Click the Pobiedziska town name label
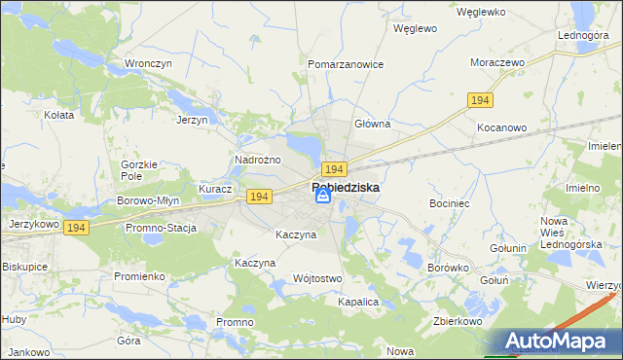pyautogui.click(x=346, y=186)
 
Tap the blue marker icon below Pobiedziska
pyautogui.click(x=322, y=198)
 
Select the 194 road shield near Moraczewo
pyautogui.click(x=479, y=101)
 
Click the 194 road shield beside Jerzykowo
pyautogui.click(x=78, y=227)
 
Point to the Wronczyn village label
pyautogui.click(x=148, y=64)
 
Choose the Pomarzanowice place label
pyautogui.click(x=346, y=64)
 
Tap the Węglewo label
pyautogui.click(x=414, y=29)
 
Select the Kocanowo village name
pyautogui.click(x=501, y=127)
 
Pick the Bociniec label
pyautogui.click(x=450, y=204)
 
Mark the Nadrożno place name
pyautogui.click(x=258, y=160)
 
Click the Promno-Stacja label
pyautogui.click(x=161, y=228)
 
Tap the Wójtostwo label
pyautogui.click(x=317, y=279)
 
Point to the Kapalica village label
pyautogui.click(x=357, y=303)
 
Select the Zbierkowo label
pyautogui.click(x=459, y=320)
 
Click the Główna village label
pyautogui.click(x=372, y=125)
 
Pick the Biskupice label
pyautogui.click(x=25, y=266)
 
